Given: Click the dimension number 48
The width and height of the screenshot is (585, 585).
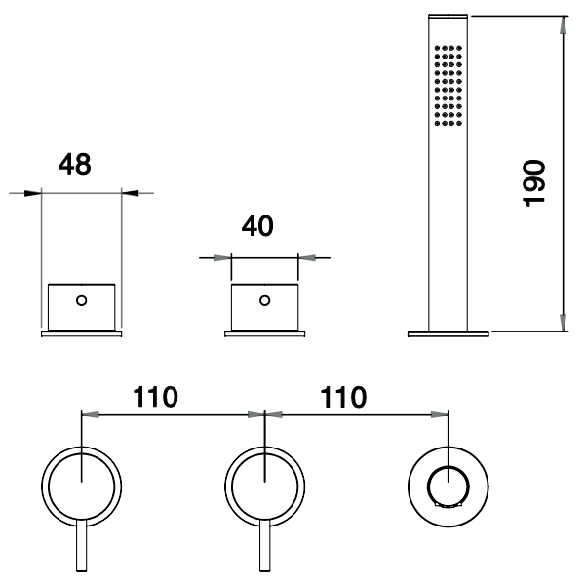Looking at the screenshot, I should tap(74, 165).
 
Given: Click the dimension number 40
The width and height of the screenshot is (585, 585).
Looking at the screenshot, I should tap(256, 226).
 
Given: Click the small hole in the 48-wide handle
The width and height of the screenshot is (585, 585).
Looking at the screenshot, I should tap(81, 300).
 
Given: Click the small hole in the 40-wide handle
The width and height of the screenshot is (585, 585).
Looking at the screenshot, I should tap(264, 300).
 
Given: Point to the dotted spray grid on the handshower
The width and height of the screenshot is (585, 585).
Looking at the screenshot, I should tap(447, 85).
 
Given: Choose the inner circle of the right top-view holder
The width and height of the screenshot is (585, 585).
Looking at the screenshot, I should tap(448, 484).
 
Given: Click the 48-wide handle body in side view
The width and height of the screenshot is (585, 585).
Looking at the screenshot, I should tap(82, 306).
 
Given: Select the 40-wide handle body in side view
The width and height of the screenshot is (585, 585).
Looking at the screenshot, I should tap(264, 306).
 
